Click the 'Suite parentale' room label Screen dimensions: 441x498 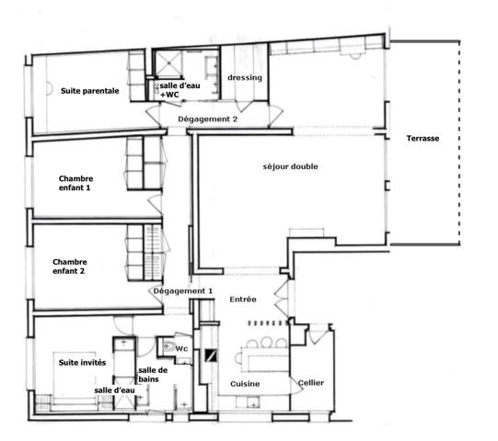[90, 91]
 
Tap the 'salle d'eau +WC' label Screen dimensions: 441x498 [177, 89]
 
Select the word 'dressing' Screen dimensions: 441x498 [245, 78]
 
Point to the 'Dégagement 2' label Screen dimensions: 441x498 [208, 119]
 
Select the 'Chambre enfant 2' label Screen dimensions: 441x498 [74, 267]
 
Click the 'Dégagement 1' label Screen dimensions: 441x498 [183, 291]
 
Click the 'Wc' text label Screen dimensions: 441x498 [181, 348]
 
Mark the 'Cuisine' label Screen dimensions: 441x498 [245, 383]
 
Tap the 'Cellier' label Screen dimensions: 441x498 [311, 383]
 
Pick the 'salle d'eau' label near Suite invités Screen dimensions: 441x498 [115, 390]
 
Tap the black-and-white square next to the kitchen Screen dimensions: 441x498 [211, 357]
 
